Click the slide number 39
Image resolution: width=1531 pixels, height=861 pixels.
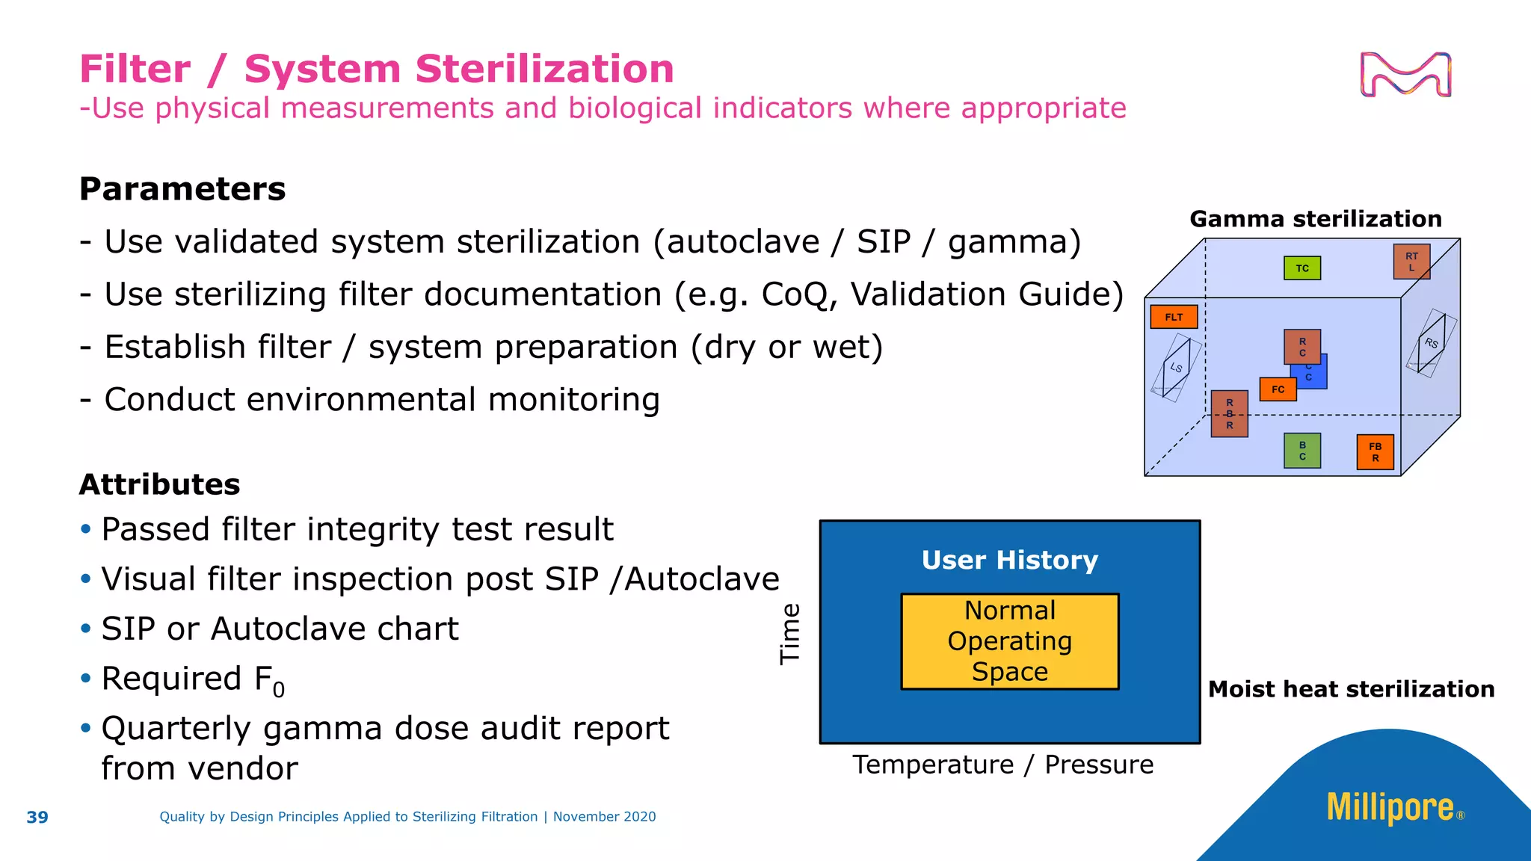(37, 817)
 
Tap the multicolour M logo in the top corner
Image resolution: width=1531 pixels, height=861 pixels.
(1405, 75)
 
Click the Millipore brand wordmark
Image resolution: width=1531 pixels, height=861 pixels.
(1390, 808)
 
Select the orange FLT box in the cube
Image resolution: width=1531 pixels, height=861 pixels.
(1174, 317)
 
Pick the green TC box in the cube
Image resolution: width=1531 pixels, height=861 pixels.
(1302, 268)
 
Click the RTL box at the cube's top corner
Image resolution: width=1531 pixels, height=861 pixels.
(1411, 262)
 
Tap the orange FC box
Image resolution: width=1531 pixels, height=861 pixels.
(1278, 389)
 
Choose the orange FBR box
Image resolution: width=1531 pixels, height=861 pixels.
(1376, 452)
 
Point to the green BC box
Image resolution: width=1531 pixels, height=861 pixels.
(1302, 451)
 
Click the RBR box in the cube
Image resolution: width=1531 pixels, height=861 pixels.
(1230, 413)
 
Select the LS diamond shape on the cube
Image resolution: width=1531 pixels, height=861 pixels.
(1177, 368)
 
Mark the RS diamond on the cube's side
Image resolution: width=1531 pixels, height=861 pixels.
(1432, 343)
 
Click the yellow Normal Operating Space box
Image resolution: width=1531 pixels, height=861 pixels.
(1010, 641)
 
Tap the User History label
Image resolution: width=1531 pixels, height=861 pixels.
(1010, 560)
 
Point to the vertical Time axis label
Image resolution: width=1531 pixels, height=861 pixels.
(790, 634)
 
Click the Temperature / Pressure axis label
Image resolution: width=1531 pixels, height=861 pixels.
(1003, 765)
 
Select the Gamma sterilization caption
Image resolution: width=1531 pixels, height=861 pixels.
(1316, 219)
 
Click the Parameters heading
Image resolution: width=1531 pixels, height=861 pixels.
(182, 189)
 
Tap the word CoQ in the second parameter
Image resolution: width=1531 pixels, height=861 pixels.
(795, 294)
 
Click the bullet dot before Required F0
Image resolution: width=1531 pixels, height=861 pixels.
(86, 679)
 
